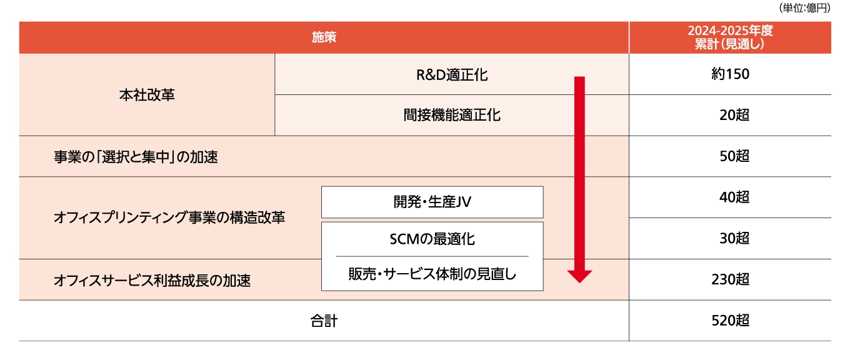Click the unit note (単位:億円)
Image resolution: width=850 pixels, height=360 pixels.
pos(804,9)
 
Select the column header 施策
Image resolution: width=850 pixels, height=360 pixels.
pos(324,37)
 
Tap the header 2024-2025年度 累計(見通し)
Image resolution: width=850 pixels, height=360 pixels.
pos(729,37)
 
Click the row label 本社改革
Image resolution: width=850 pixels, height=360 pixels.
pos(147,95)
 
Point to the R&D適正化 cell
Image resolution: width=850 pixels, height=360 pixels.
pos(452,75)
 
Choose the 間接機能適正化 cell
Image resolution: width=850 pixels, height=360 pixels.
pos(452,116)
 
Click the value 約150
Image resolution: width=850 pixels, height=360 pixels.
pos(729,74)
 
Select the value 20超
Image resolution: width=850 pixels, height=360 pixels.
pos(734,116)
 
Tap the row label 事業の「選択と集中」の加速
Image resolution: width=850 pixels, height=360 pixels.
pos(136,157)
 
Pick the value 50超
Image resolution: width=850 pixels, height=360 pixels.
pos(734,157)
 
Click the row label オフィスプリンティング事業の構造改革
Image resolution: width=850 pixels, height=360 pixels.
pos(169,218)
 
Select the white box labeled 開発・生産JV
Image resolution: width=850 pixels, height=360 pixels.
pos(432,202)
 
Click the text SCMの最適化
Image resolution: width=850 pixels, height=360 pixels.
pos(432,239)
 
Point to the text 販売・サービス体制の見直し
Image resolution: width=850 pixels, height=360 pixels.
pos(432,274)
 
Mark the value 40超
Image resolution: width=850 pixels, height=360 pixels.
pos(734,197)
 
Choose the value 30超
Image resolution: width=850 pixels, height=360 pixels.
pos(734,239)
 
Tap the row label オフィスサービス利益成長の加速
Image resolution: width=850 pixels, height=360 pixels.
pos(152,281)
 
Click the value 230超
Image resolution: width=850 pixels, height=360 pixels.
pos(729,279)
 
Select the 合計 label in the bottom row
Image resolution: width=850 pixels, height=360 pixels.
pos(324,321)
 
